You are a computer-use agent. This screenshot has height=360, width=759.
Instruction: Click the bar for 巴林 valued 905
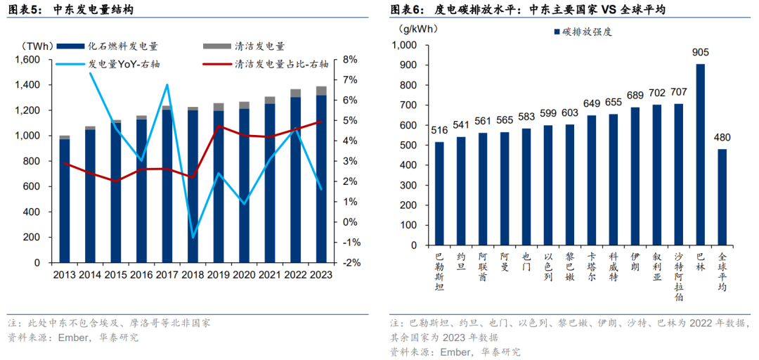point(700,155)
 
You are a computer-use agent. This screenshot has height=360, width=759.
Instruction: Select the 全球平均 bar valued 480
point(722,197)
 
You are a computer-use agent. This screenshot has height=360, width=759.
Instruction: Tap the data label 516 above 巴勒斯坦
point(439,130)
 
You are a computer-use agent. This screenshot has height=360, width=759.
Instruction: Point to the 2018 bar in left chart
point(193,186)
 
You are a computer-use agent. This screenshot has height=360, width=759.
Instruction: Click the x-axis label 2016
point(141,275)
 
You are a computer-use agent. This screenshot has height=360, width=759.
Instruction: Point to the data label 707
point(678,91)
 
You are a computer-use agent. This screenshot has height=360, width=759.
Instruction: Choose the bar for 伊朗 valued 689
point(635,176)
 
